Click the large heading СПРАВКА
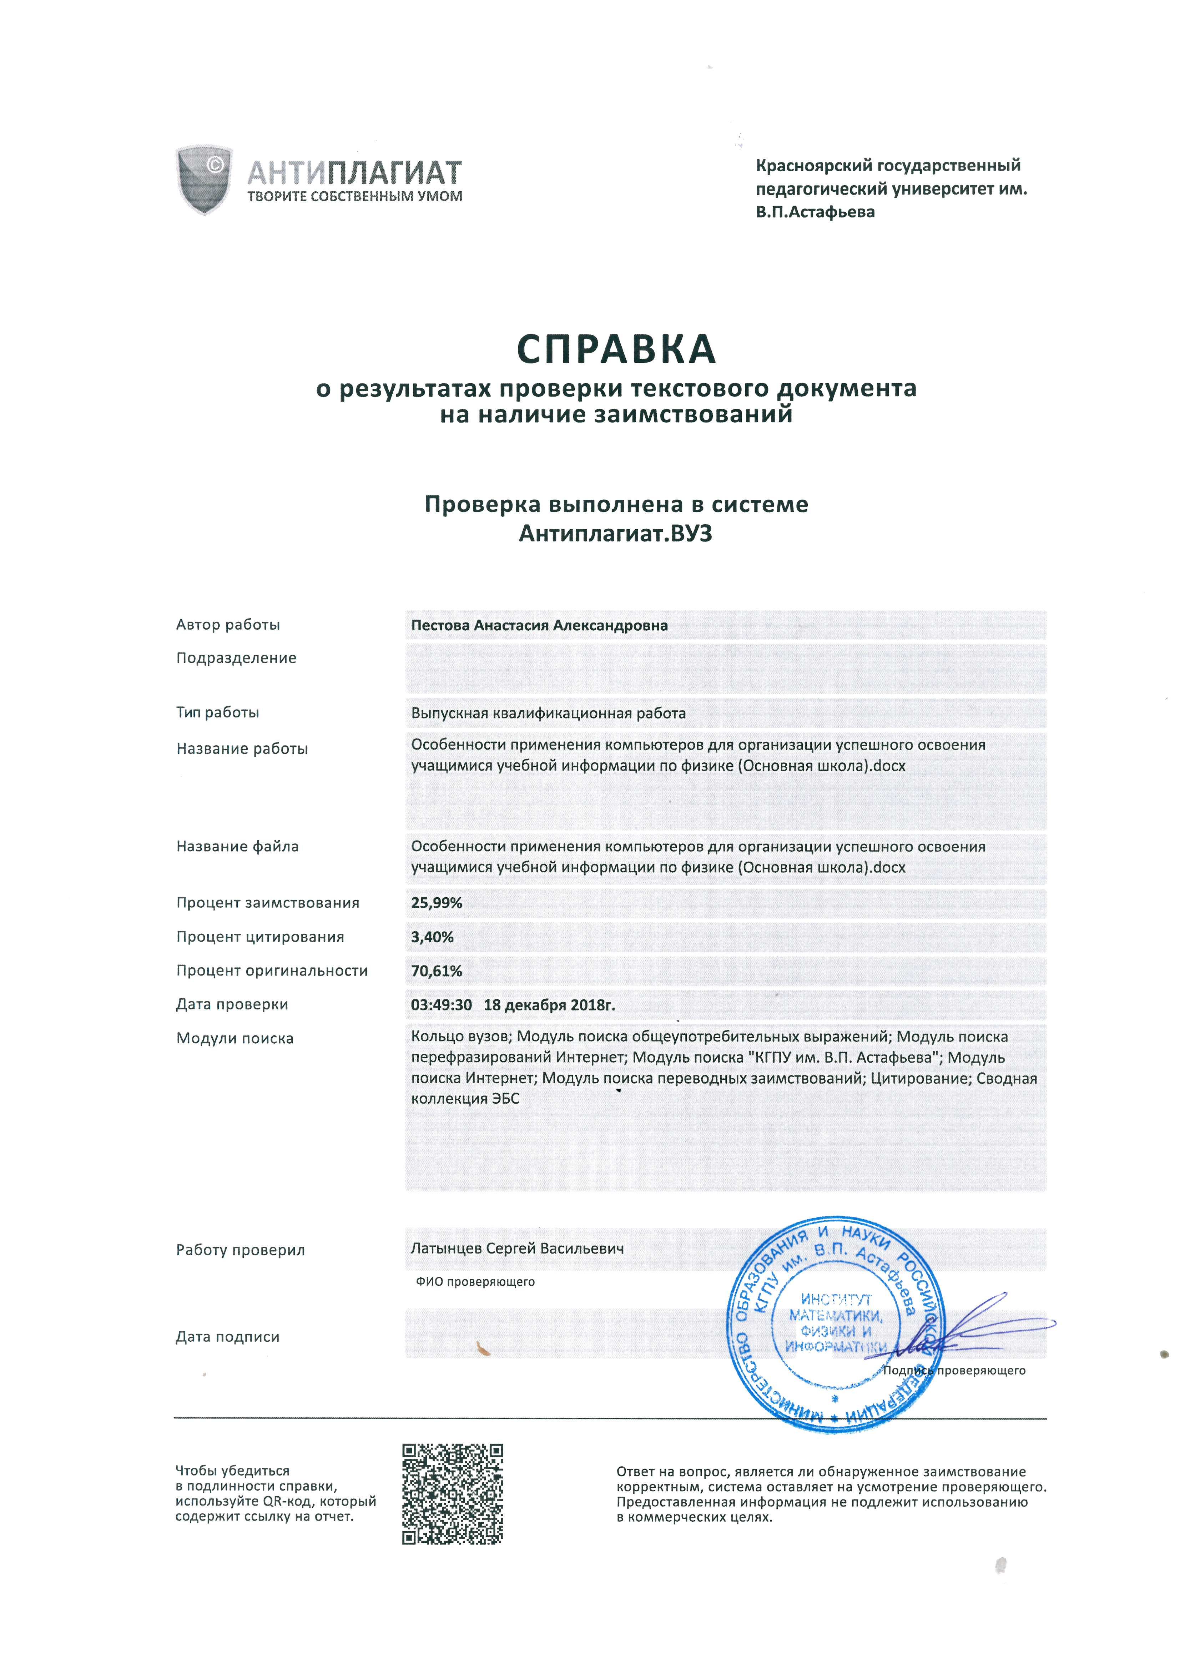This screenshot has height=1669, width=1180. point(616,350)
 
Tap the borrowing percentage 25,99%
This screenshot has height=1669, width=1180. point(436,903)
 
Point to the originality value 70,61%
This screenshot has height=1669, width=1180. point(436,971)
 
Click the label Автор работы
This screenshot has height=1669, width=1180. point(228,624)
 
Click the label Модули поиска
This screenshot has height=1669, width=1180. point(234,1039)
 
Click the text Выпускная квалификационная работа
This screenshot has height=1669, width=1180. point(548,713)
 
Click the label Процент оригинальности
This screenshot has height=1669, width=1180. point(272,971)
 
